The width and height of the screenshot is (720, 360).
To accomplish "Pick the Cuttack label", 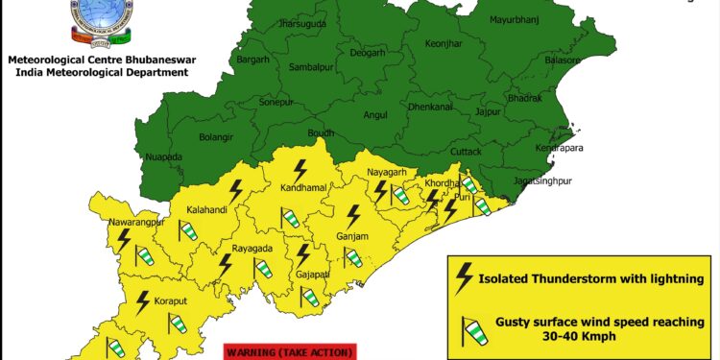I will pos(466,153).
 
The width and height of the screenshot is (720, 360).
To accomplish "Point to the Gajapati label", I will pos(312,274).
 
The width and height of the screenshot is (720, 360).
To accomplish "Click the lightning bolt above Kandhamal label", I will pos(301,170).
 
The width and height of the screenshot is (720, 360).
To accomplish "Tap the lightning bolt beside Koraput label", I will pos(142,302).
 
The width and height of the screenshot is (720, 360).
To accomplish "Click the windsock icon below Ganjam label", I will pos(354,257).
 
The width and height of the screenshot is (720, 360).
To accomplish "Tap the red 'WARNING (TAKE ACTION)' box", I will pos(290,352).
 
